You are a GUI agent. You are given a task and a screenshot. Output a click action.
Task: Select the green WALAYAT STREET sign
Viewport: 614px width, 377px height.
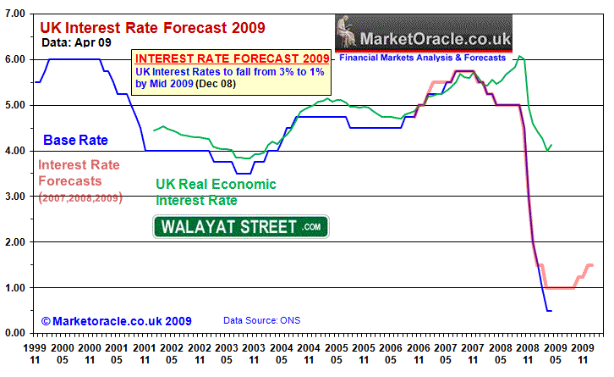click(240, 226)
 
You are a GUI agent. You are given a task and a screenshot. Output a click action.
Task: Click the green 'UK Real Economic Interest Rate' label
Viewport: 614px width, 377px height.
click(216, 192)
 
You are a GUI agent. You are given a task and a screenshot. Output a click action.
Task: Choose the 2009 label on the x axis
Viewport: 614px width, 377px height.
click(582, 348)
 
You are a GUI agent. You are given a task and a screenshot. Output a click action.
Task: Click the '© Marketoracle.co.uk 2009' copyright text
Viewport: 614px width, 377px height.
click(117, 321)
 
